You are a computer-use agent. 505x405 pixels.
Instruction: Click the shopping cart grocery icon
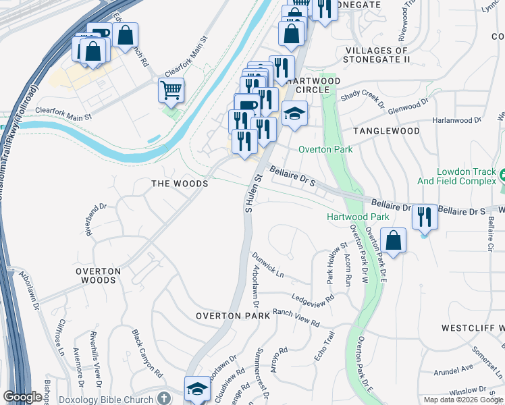tap(171, 89)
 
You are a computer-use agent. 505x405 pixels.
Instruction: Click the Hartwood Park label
tap(358, 217)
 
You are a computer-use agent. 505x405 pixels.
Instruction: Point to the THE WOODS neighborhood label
tap(179, 183)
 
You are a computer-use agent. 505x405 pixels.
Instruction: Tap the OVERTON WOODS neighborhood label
tap(98, 275)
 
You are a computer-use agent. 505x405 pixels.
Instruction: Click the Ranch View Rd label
tap(295, 318)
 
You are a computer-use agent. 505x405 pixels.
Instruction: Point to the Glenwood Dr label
tap(408, 104)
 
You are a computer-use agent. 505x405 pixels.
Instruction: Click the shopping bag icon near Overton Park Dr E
tap(393, 240)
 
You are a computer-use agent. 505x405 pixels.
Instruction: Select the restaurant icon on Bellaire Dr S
tap(425, 216)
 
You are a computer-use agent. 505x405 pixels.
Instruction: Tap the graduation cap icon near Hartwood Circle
tap(294, 113)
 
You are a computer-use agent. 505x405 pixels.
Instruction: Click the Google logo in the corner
tap(23, 398)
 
